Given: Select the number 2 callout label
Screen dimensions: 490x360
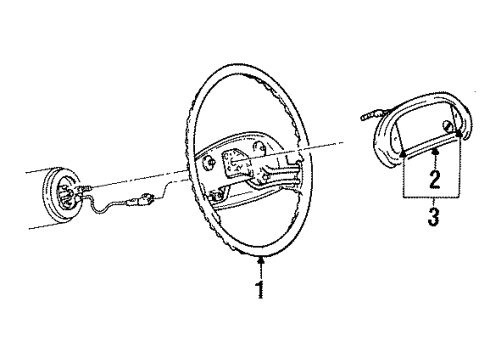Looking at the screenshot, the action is pos(435,180).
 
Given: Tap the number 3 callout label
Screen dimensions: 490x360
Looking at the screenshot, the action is pos(435,217).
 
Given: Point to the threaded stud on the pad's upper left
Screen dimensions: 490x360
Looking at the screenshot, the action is pos(368,116).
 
